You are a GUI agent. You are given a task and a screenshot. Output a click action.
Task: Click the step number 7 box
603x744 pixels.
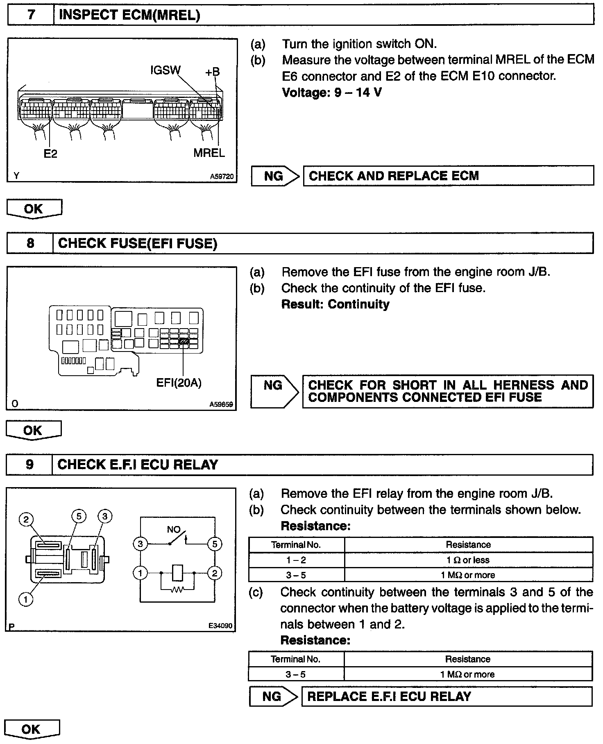click(x=31, y=15)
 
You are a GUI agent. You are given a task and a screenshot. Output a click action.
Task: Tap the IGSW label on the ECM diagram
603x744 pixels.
click(x=165, y=70)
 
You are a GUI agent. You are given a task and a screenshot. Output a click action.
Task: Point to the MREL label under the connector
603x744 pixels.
click(x=209, y=153)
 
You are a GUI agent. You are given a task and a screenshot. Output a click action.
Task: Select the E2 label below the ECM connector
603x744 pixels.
click(x=50, y=154)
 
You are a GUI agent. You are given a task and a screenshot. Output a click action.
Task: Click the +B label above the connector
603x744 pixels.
click(x=212, y=72)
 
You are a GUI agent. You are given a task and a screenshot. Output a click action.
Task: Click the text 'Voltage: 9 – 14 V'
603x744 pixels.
click(x=332, y=92)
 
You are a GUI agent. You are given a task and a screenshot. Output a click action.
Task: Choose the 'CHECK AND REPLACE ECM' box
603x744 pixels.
click(x=448, y=176)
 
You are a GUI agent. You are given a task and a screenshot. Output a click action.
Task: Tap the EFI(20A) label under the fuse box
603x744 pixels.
click(x=179, y=383)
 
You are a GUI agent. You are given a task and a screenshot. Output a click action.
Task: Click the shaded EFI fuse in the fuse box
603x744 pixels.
click(x=184, y=340)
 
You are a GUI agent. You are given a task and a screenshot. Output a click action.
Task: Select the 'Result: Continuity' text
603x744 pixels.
click(x=335, y=304)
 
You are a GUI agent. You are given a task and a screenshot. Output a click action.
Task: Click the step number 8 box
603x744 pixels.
click(x=30, y=243)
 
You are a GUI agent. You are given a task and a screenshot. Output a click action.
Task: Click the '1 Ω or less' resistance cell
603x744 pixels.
click(x=468, y=560)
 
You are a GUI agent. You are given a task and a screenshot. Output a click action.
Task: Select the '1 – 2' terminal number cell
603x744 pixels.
click(x=296, y=560)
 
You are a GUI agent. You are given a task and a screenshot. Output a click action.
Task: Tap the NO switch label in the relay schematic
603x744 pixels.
click(x=174, y=529)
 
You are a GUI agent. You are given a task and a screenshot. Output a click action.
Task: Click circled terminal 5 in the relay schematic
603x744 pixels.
click(x=214, y=544)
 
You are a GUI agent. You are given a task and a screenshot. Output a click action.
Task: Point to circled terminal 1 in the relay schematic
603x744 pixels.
click(x=141, y=573)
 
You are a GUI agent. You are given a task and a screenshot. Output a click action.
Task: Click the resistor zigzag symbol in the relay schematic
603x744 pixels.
click(x=177, y=589)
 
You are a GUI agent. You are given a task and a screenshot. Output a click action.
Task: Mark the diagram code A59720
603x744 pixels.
click(x=222, y=177)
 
